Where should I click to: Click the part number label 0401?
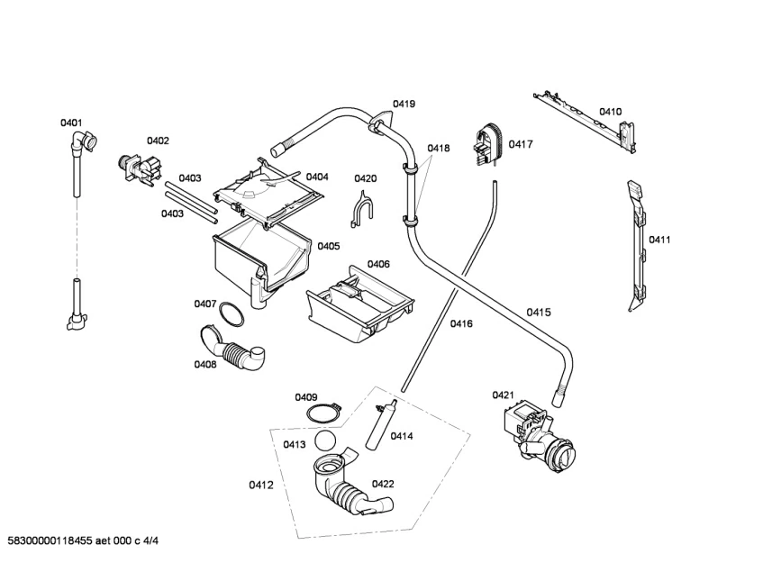pyautogui.click(x=71, y=123)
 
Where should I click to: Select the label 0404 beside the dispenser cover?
pyautogui.click(x=316, y=177)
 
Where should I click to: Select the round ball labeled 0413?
pyautogui.click(x=330, y=440)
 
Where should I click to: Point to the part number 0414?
pyautogui.click(x=402, y=436)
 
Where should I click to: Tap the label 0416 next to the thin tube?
pyautogui.click(x=461, y=323)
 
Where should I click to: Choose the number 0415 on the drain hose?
pyautogui.click(x=539, y=313)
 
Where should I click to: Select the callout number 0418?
pyautogui.click(x=439, y=148)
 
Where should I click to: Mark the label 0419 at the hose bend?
pyautogui.click(x=404, y=104)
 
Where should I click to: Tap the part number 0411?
pyautogui.click(x=659, y=240)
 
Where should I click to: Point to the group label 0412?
pyautogui.click(x=261, y=486)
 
